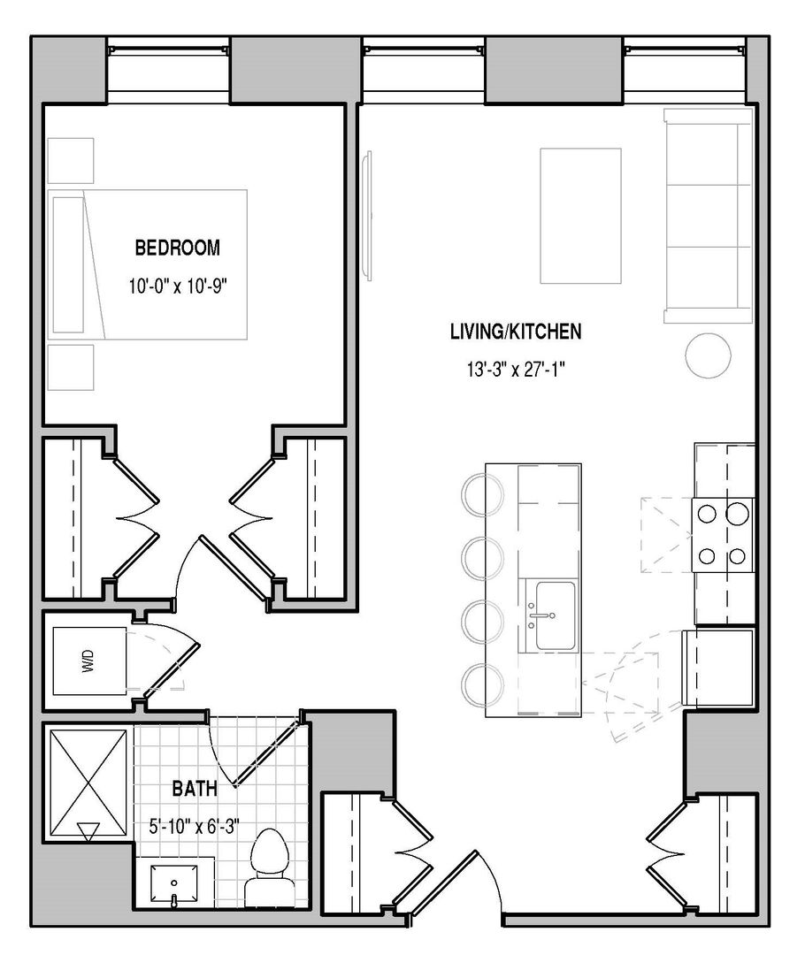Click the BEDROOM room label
click(x=177, y=248)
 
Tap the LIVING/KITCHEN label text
click(x=516, y=332)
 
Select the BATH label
click(x=195, y=790)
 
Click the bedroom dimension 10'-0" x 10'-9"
click(x=177, y=286)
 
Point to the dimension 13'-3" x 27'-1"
click(x=516, y=370)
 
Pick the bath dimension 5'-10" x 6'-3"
click(x=194, y=827)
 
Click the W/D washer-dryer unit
click(x=89, y=661)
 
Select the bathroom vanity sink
click(x=174, y=883)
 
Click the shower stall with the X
click(x=88, y=783)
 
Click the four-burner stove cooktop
click(x=723, y=535)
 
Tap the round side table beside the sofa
click(x=708, y=355)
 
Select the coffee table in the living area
click(x=580, y=216)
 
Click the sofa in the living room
click(x=709, y=216)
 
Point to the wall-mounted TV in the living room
click(x=367, y=216)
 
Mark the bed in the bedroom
click(x=148, y=264)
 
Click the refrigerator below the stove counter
click(x=718, y=668)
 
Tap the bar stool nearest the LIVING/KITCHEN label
click(x=483, y=493)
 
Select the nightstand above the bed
click(x=71, y=160)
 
